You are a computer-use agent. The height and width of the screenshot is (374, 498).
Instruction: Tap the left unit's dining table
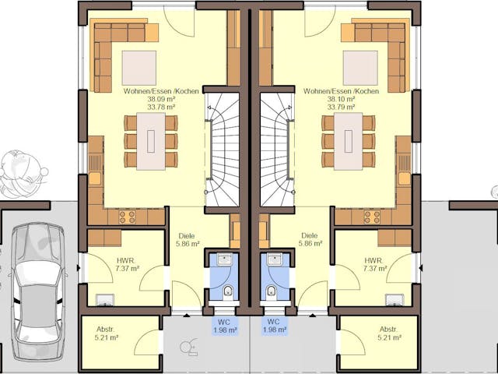(151, 140)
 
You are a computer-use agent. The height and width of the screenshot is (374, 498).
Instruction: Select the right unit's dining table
(346, 140)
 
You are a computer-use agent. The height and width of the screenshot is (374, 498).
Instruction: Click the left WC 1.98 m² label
(225, 326)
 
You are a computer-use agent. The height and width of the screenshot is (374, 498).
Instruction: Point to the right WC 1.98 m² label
(273, 326)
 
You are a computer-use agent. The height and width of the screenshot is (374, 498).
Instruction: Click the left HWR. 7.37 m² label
(127, 264)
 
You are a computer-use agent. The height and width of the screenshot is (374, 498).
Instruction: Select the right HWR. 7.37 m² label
(374, 264)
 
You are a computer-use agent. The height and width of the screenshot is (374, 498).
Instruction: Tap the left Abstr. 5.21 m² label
(107, 333)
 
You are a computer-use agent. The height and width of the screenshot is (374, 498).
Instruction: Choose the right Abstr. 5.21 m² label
(388, 333)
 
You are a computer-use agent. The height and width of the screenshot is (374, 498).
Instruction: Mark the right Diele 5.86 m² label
(310, 239)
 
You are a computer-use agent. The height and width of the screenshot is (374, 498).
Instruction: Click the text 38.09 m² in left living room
(141, 100)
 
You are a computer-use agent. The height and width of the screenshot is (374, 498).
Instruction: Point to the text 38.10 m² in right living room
(342, 100)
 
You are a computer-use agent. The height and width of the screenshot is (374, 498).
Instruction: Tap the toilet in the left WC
(228, 292)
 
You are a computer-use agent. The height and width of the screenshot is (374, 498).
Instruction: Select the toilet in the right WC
(270, 292)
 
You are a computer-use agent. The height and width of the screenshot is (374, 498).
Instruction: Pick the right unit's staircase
(277, 148)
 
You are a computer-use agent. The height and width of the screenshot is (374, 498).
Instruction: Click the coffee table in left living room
(139, 67)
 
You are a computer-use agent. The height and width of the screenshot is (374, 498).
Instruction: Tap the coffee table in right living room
(359, 67)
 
